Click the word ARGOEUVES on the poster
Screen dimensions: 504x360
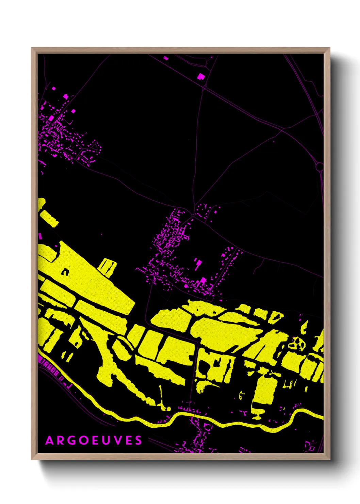click(x=94, y=440)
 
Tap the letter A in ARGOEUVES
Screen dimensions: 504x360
click(x=50, y=440)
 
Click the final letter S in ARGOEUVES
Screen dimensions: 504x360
click(x=138, y=440)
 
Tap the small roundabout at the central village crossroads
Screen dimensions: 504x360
click(x=193, y=216)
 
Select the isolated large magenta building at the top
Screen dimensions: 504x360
click(x=201, y=76)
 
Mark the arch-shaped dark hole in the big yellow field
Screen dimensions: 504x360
click(x=65, y=272)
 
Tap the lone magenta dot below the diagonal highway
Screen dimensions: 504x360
click(x=274, y=141)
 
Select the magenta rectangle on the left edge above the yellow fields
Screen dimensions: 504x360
click(x=40, y=236)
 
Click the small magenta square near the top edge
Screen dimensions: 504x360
click(x=166, y=58)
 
